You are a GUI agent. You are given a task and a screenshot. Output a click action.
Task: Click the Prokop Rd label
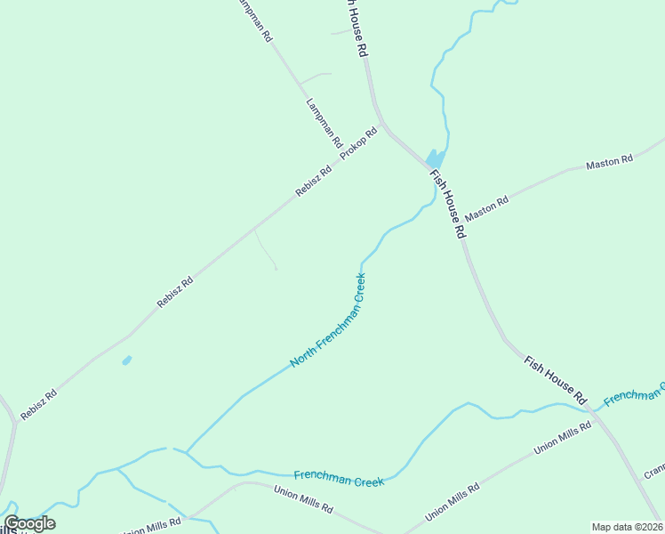[359, 145]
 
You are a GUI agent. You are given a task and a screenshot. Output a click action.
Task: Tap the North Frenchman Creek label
[329, 320]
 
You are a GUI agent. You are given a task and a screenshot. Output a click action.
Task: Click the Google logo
[29, 523]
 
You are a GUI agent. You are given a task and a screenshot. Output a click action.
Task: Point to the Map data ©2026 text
[628, 526]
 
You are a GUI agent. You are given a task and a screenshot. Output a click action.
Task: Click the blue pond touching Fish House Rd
[435, 158]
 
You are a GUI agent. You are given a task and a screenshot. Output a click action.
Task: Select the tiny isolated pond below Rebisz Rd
[126, 360]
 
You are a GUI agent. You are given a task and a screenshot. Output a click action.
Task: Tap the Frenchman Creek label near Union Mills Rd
[339, 477]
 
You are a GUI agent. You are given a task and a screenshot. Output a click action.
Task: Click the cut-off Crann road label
[654, 469]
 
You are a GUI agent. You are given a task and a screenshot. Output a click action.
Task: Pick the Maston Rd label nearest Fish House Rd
[486, 208]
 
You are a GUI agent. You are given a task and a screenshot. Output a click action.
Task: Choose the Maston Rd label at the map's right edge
[609, 163]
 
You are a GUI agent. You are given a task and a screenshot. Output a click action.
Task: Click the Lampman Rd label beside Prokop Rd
[324, 122]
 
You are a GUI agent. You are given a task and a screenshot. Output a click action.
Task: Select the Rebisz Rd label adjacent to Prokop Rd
[313, 181]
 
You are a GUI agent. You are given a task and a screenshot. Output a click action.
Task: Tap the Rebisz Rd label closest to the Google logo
[39, 403]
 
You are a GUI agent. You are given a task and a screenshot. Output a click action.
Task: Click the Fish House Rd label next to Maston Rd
[448, 204]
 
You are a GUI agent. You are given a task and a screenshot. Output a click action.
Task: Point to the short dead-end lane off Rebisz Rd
[266, 249]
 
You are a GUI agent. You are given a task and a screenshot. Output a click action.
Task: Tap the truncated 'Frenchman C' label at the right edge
[634, 394]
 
